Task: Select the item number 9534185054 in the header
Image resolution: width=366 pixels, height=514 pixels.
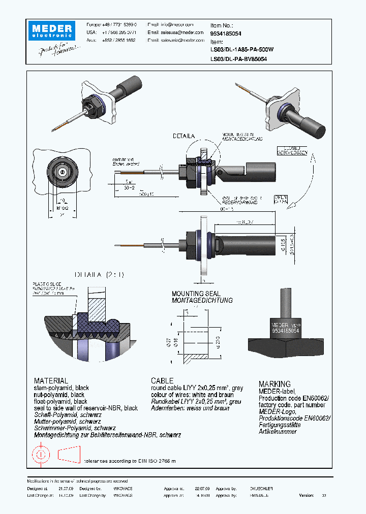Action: (226, 33)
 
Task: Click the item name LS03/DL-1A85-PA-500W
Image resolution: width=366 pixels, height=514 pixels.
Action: (241, 50)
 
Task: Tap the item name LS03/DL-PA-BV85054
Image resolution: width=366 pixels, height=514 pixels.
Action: (238, 59)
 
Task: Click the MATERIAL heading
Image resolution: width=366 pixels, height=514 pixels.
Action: (51, 380)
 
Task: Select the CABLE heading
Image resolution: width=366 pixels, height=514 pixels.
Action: (162, 380)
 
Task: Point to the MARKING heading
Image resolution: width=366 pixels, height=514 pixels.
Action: (274, 384)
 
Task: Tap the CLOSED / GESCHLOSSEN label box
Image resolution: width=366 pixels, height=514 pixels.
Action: (292, 150)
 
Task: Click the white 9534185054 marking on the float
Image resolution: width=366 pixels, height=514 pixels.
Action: (286, 330)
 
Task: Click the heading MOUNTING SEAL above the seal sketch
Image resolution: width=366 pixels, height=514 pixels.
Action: (196, 294)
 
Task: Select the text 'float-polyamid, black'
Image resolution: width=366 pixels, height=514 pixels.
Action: (60, 401)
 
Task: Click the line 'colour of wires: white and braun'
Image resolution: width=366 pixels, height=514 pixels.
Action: (192, 395)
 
